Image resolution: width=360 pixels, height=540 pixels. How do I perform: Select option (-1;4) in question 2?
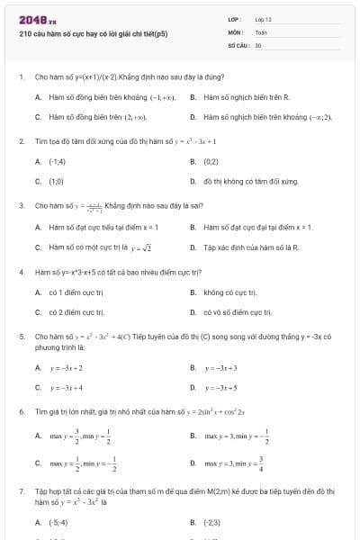coord(58,162)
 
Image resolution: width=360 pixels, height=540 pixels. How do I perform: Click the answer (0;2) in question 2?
coord(212,162)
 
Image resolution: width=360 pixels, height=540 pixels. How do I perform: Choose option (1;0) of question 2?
coord(57,181)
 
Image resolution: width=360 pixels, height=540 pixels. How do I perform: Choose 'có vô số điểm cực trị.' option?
coord(237,311)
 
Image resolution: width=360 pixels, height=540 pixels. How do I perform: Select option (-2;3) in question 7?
coord(212,522)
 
